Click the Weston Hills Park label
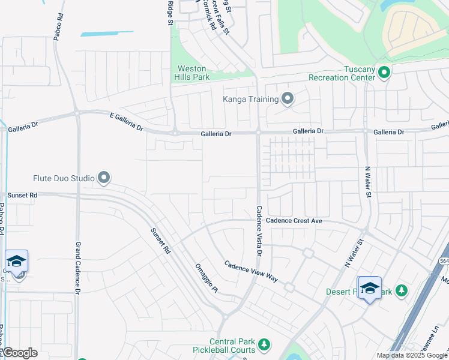(x=191, y=73)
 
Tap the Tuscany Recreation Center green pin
(x=384, y=73)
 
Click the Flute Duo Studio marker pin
(x=104, y=178)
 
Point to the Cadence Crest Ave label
(x=295, y=221)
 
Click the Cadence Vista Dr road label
(x=259, y=231)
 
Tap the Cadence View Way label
(x=252, y=271)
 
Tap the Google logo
(x=20, y=353)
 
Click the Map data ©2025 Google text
(x=411, y=355)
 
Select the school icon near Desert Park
(x=369, y=288)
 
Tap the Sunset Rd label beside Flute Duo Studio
(x=22, y=195)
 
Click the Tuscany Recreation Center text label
(x=342, y=73)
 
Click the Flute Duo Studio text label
(x=64, y=178)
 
